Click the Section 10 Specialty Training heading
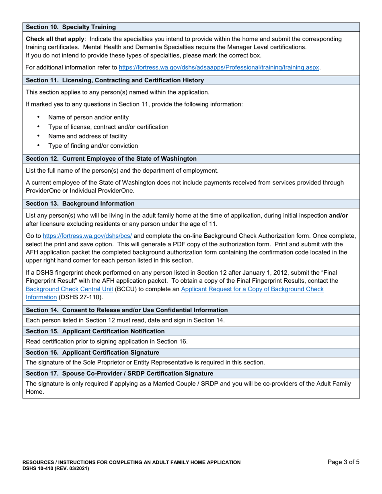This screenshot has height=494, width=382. tap(71, 27)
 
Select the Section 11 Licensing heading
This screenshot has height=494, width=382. tap(115, 80)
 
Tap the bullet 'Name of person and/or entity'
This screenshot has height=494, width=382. tap(88, 117)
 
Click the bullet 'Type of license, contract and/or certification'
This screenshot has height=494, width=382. tap(108, 127)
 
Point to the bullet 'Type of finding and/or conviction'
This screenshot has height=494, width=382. tap(93, 146)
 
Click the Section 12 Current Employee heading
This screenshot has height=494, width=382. tap(111, 158)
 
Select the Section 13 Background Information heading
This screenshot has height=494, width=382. tap(80, 203)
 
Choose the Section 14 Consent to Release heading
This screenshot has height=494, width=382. tap(127, 310)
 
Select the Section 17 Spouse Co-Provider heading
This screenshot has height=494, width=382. tap(119, 374)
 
